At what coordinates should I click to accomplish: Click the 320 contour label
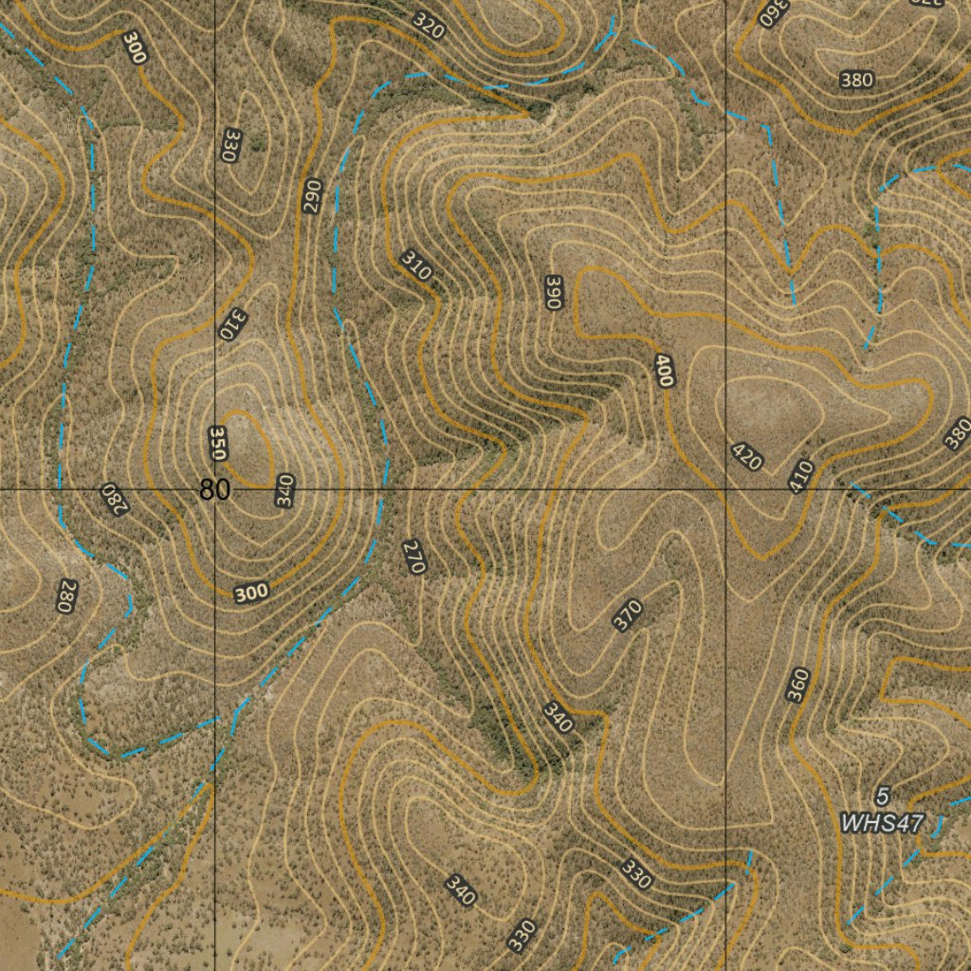tap(429, 26)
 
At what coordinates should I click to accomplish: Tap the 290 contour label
tap(313, 195)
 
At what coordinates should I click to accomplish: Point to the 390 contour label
tap(555, 291)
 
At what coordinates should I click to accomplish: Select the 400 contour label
tap(664, 370)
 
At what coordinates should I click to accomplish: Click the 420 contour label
tap(747, 457)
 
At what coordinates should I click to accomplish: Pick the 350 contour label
tap(217, 444)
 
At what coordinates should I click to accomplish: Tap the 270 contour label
tap(413, 557)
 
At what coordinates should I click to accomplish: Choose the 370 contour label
tap(628, 615)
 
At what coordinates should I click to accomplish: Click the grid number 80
tap(214, 489)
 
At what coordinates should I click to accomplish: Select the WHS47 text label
tap(881, 822)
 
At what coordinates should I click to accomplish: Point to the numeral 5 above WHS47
tap(883, 796)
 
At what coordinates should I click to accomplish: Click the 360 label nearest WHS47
tap(798, 685)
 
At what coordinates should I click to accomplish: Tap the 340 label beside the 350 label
tap(284, 490)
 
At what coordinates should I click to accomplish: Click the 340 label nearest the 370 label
tap(558, 718)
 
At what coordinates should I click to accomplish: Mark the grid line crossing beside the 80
tap(215, 490)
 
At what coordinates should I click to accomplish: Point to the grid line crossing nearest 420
tap(726, 490)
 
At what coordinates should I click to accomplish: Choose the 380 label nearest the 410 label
tap(958, 432)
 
